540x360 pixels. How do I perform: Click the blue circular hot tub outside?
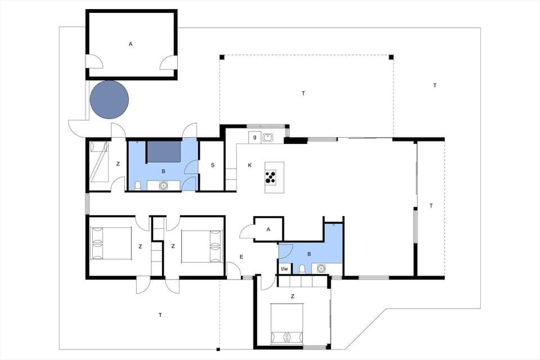(109, 100)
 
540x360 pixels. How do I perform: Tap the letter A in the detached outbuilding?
(130, 43)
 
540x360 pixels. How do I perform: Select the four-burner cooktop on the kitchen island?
(271, 177)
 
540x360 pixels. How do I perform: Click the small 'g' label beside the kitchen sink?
(255, 137)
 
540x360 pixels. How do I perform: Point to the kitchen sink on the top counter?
(268, 137)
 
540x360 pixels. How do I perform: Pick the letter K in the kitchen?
(249, 165)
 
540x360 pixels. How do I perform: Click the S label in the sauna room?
(213, 165)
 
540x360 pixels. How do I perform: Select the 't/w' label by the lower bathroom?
(284, 269)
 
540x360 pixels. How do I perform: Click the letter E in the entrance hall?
(241, 256)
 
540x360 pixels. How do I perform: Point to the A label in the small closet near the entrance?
(268, 229)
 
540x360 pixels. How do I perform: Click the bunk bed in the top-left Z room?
(99, 162)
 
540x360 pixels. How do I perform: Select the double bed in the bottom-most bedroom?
(287, 324)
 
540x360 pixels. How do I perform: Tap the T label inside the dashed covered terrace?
(303, 93)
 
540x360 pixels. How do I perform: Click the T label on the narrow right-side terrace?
(431, 206)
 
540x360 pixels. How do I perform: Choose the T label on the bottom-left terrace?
(160, 315)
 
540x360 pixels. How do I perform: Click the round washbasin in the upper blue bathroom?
(164, 184)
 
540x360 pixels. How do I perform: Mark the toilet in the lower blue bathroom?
(302, 269)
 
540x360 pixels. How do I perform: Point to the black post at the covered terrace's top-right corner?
(391, 57)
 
